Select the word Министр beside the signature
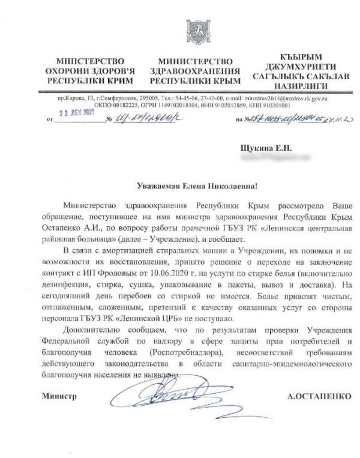(60, 396)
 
